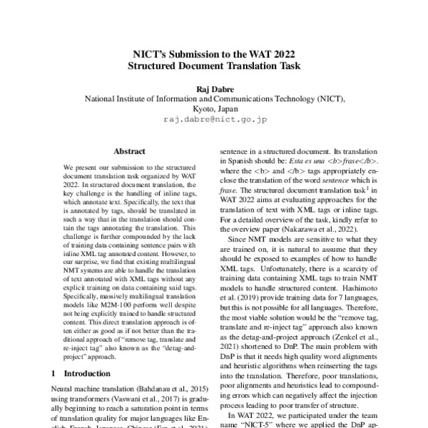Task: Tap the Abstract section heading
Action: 129,152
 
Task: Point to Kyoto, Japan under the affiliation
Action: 214,109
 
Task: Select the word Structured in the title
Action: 158,66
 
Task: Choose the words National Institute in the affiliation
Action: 119,99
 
